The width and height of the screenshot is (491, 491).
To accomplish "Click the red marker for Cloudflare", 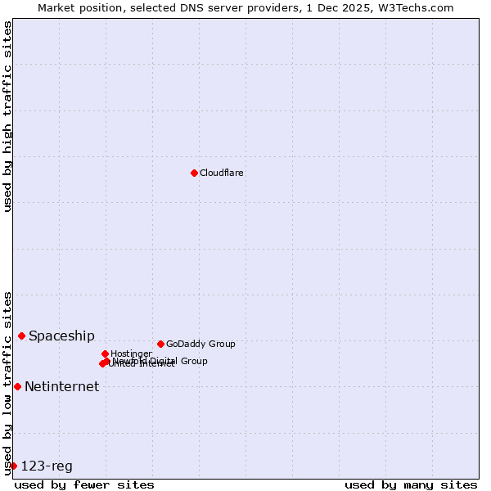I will point(194,173).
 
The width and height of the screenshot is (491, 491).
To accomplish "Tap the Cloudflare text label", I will point(222,173).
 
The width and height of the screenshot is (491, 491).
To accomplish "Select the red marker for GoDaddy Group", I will point(160,344).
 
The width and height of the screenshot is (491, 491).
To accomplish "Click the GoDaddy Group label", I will point(200,344).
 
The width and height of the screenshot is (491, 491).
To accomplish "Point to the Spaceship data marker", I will point(21,336).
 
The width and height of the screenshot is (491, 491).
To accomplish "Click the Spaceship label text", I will point(61,336).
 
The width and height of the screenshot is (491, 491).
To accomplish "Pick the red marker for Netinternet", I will point(17,386).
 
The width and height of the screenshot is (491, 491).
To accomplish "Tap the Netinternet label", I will point(61,387).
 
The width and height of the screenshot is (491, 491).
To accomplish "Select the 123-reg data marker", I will point(13,466).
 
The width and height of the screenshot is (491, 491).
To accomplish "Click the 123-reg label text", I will point(47,466).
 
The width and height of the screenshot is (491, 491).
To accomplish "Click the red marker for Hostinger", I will point(105,354).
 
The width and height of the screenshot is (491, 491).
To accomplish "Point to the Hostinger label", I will point(131,354).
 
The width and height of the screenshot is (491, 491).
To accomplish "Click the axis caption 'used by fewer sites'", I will point(84,484).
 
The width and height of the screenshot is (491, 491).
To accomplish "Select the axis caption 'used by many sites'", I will point(411,484).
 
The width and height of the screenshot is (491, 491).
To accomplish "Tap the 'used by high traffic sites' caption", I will point(7,116).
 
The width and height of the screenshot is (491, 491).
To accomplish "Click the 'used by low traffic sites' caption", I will point(7,383).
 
